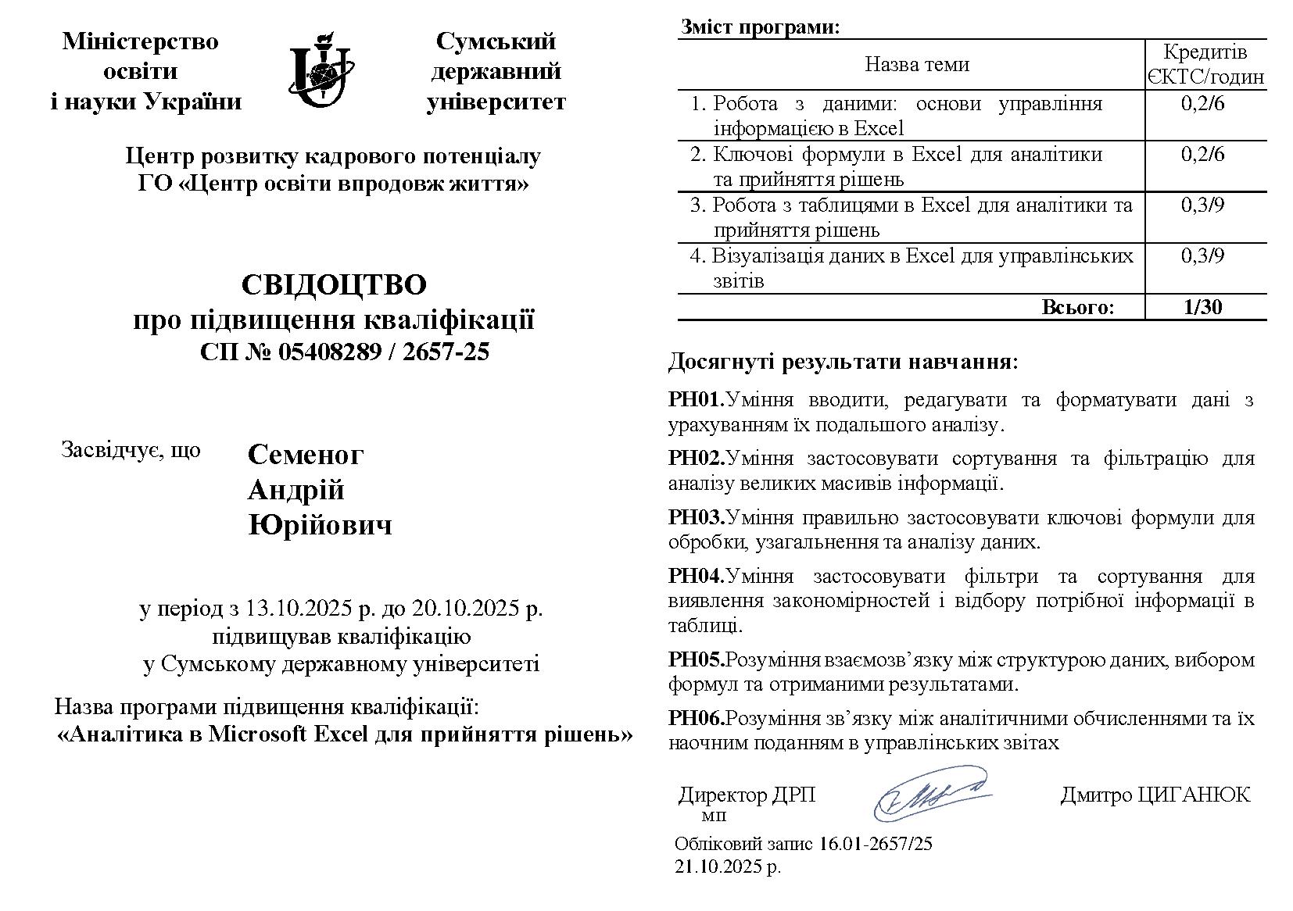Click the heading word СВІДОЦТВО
click(334, 285)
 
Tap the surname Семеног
click(306, 455)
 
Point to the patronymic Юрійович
click(320, 525)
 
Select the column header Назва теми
click(916, 64)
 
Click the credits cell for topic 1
click(1204, 104)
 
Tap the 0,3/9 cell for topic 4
click(1204, 256)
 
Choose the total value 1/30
click(1204, 307)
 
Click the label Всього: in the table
click(1076, 307)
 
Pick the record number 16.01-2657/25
click(876, 844)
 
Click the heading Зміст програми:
click(760, 27)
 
